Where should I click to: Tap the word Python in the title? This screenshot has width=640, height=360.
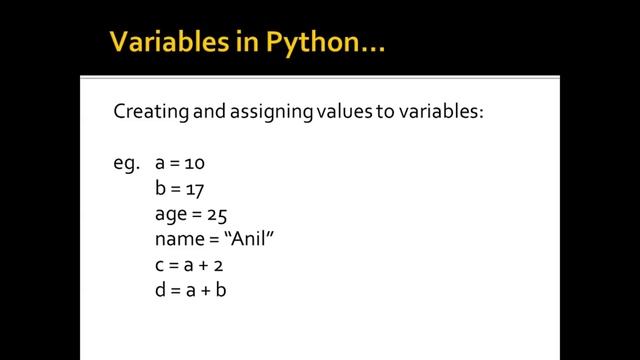291,43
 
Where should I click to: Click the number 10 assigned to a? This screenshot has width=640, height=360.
195,162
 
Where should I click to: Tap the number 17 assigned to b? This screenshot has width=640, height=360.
195,188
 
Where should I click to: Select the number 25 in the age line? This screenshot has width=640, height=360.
219,214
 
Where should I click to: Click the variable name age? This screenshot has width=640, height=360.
170,215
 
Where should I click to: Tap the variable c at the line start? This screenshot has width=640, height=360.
160,266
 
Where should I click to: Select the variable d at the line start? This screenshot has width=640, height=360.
161,292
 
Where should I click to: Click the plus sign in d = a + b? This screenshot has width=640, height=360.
211,292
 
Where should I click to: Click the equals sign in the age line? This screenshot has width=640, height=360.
197,214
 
